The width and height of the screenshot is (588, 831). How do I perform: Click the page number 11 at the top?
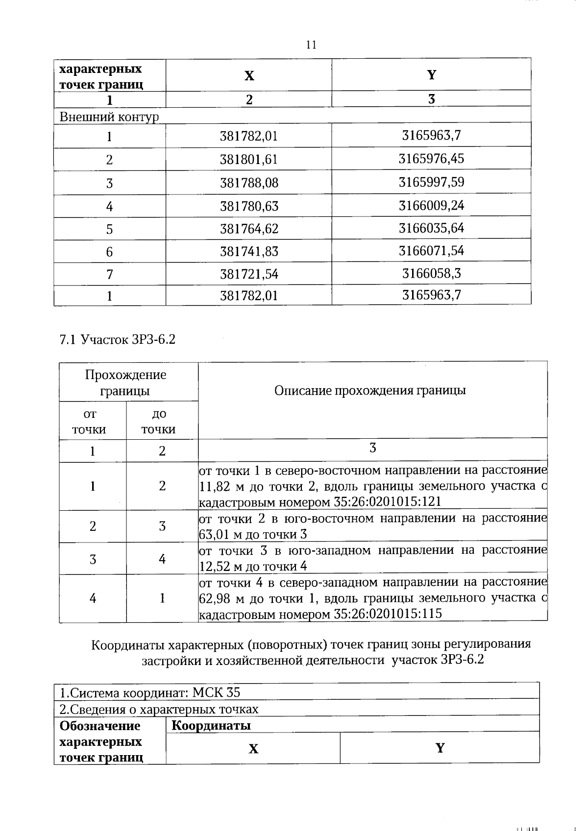click(311, 45)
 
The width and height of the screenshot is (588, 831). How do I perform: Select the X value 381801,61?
click(249, 160)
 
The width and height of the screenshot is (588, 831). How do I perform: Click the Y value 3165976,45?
click(431, 159)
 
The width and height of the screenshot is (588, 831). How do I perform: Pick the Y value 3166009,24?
click(431, 205)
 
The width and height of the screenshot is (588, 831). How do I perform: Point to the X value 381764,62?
click(249, 229)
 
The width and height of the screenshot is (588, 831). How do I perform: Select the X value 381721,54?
click(249, 274)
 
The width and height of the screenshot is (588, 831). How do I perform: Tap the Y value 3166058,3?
click(431, 273)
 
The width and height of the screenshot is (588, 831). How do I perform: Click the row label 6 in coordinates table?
click(109, 252)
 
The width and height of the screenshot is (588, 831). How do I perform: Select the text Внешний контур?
click(109, 117)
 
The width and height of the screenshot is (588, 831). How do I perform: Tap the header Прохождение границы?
click(125, 383)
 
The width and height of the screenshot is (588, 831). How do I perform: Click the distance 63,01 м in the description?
click(218, 534)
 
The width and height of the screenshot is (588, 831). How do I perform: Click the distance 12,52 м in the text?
click(218, 567)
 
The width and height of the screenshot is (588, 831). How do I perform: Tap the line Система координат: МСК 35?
click(150, 693)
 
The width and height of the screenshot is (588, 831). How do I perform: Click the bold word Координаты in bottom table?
click(211, 725)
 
